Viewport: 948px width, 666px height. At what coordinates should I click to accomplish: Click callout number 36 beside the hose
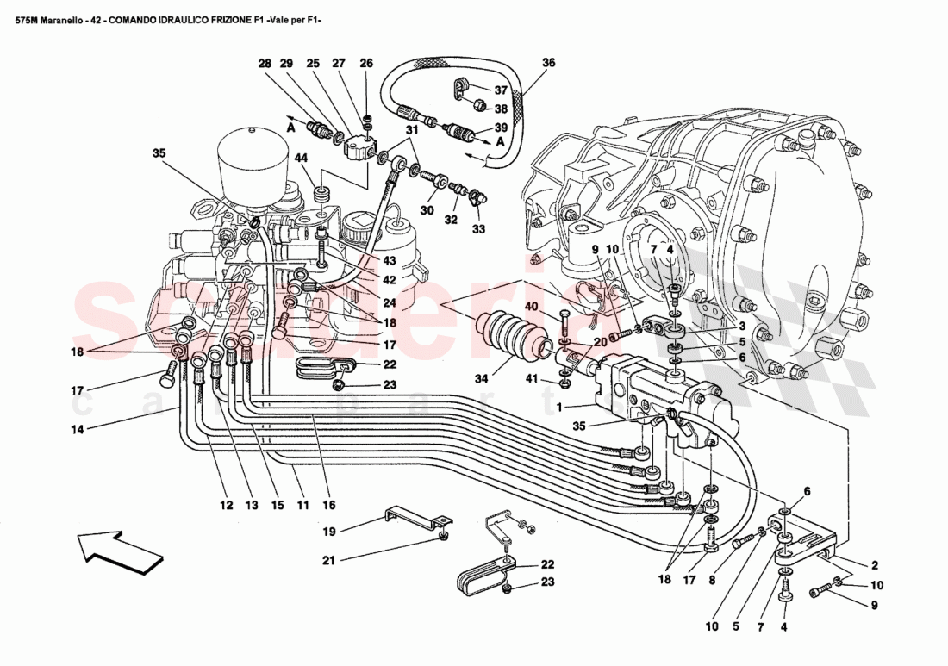point(548,63)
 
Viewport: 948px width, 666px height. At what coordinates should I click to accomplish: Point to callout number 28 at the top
point(265,64)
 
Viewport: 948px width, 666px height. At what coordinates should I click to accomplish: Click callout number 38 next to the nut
point(501,109)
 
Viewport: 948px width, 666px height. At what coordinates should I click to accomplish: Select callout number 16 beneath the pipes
point(329,505)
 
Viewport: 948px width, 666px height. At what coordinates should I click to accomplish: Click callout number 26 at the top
point(366,64)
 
